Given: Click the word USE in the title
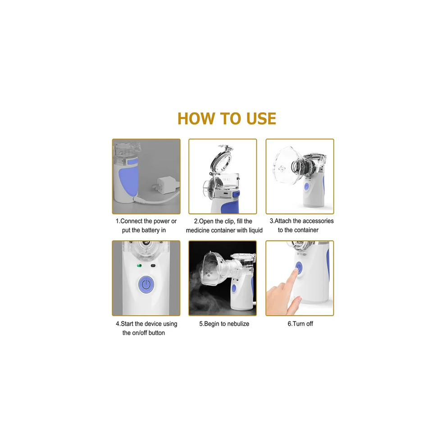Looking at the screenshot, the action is (x=261, y=118).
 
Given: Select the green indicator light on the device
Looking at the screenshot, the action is (x=139, y=266).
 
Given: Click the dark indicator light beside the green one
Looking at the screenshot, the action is (x=153, y=266).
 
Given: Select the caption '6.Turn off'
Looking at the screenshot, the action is (x=300, y=324).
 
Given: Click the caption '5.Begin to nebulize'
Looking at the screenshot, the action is (x=224, y=324).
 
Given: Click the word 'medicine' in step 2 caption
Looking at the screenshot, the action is (x=198, y=230).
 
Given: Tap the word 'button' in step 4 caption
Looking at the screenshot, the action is (x=156, y=333).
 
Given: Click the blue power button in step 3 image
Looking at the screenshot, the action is (x=306, y=187).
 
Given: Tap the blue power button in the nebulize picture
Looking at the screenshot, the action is (x=234, y=289).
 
